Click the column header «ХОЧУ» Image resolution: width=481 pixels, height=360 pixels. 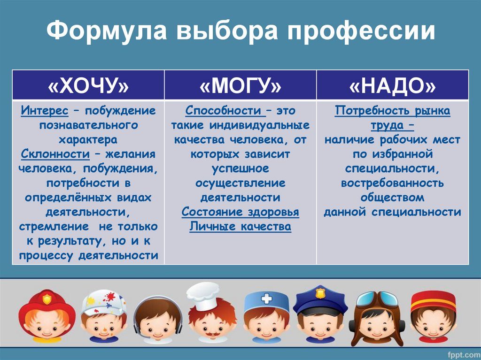[88, 85]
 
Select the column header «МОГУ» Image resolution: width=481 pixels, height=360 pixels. [240, 85]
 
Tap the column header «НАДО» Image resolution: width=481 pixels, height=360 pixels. [392, 85]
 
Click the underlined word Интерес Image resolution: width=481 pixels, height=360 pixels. [45, 110]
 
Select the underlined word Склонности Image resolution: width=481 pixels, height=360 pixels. [55, 154]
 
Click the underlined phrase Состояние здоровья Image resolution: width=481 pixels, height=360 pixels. [240, 212]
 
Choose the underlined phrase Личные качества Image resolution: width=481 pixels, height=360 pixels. [240, 226]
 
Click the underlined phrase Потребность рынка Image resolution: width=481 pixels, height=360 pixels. [392, 111]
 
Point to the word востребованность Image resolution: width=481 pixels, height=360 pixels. [392, 183]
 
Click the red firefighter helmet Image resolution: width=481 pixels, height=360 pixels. [47, 306]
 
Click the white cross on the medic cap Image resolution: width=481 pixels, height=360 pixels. [266, 299]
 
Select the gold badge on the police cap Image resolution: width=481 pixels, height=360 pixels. [320, 292]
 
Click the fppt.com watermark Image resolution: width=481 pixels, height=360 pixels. [464, 354]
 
